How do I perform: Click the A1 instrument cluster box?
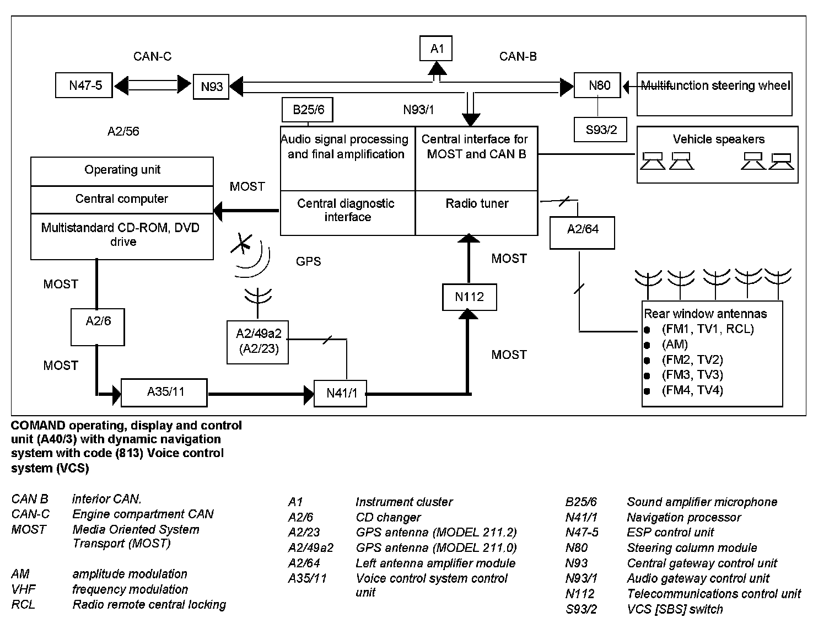pyautogui.click(x=436, y=49)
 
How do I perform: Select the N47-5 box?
pyautogui.click(x=84, y=85)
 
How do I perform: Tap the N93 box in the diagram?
pyautogui.click(x=211, y=87)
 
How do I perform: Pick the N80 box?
pyautogui.click(x=597, y=85)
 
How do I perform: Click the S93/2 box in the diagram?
pyautogui.click(x=600, y=130)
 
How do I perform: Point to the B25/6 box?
pyautogui.click(x=308, y=110)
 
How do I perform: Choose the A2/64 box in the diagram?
pyautogui.click(x=583, y=233)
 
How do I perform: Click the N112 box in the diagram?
pyautogui.click(x=470, y=297)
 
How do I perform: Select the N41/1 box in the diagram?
pyautogui.click(x=340, y=394)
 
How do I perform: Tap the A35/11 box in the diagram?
pyautogui.click(x=164, y=393)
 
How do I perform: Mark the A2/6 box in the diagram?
pyautogui.click(x=98, y=327)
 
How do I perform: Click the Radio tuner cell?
pyautogui.click(x=477, y=213)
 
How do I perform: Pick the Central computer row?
pyautogui.click(x=122, y=200)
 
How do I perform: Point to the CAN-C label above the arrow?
pyautogui.click(x=152, y=56)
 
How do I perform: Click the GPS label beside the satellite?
pyautogui.click(x=308, y=261)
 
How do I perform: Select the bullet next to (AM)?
pyautogui.click(x=647, y=345)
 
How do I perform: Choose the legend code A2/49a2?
pyautogui.click(x=310, y=547)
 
